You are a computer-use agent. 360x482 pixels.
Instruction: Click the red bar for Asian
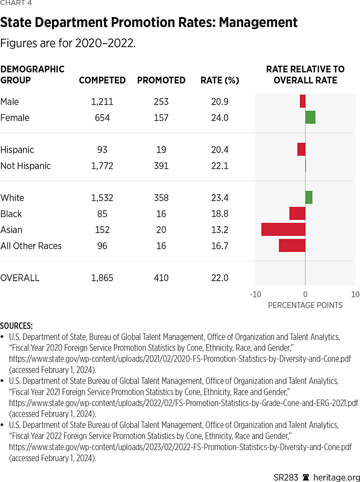[283, 230]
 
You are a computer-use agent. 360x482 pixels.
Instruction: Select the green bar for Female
[310, 118]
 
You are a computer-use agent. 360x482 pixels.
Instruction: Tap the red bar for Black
[297, 214]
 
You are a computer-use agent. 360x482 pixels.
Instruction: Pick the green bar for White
[309, 197]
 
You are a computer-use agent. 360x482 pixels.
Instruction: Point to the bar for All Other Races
[292, 245]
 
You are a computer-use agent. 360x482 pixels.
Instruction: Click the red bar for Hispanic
[301, 150]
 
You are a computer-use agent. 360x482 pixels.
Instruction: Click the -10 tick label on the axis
[255, 295]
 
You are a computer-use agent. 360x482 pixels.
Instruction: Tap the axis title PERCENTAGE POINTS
[305, 305]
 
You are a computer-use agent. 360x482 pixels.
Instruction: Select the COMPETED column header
[102, 80]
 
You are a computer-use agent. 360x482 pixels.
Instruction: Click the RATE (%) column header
[220, 80]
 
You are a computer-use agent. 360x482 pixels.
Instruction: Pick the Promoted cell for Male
[161, 102]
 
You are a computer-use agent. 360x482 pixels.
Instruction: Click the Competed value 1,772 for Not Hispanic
[102, 166]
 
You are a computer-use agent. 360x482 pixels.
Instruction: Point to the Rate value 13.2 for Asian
[220, 230]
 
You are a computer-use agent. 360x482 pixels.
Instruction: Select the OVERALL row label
[20, 278]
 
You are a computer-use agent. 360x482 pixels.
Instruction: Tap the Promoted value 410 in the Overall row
[161, 278]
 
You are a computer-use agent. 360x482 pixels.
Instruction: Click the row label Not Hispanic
[26, 166]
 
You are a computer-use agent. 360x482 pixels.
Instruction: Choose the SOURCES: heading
[17, 325]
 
